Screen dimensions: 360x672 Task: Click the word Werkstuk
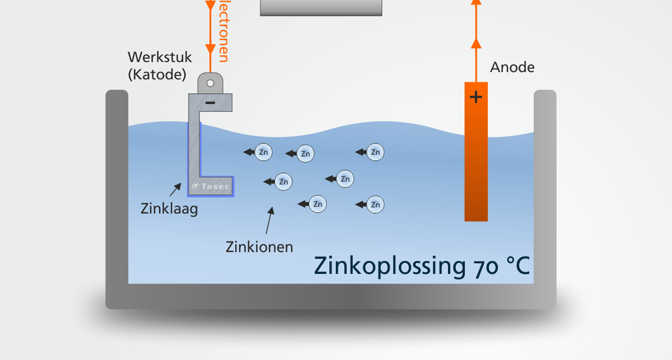point(160,58)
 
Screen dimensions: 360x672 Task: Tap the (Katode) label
point(157,74)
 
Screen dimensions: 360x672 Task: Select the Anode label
point(512,67)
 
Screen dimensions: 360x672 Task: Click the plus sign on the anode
point(476,98)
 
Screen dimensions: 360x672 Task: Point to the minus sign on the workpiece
point(210,103)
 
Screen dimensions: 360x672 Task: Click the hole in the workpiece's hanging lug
point(210,83)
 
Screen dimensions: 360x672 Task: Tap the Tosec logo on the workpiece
point(211,187)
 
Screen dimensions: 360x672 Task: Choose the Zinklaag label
point(169,209)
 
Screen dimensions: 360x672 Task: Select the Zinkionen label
point(259,247)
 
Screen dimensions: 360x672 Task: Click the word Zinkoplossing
point(387,266)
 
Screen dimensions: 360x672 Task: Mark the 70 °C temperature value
point(499,266)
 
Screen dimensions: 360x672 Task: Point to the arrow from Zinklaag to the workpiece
point(176,189)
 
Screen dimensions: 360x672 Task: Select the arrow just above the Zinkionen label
point(269,221)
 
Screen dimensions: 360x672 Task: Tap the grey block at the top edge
point(321,7)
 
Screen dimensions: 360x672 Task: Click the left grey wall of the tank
point(117,189)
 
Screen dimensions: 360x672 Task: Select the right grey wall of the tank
point(545,189)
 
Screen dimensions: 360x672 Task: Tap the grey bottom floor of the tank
point(331,296)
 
